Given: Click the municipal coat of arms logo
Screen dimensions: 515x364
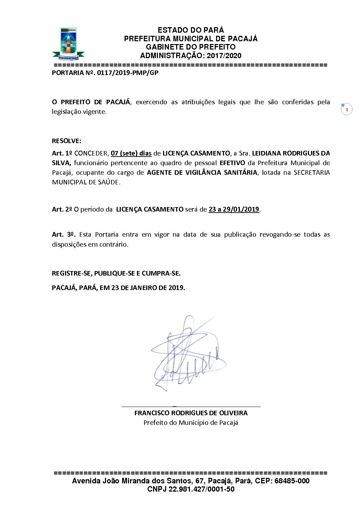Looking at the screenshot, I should [x=68, y=43].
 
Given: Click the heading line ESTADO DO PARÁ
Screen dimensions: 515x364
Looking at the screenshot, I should [x=191, y=30].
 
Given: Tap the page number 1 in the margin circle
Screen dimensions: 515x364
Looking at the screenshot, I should [x=347, y=109].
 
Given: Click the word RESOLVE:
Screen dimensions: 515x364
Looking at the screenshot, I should [x=66, y=141].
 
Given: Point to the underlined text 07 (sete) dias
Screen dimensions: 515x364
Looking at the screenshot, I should [x=131, y=153].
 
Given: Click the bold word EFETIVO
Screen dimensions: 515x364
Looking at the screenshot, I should [x=232, y=163].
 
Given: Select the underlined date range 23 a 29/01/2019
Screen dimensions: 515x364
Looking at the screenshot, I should [x=234, y=209].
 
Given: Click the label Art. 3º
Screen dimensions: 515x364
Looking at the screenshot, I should [x=64, y=234].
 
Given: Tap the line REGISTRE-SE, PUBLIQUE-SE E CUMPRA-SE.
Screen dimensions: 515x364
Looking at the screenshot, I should [x=116, y=273].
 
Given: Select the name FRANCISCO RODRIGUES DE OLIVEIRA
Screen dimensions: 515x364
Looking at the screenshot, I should [x=191, y=413].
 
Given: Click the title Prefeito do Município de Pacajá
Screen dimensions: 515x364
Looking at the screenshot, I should [x=191, y=422].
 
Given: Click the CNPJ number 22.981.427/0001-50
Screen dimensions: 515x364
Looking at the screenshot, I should [x=201, y=489].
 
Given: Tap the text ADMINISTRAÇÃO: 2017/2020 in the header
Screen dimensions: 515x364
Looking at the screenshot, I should [x=191, y=56].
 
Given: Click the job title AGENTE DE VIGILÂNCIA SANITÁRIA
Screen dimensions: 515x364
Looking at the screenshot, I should [x=202, y=172].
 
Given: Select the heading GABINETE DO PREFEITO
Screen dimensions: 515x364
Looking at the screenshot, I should [x=191, y=47].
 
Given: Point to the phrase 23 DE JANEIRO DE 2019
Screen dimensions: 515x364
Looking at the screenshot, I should [x=148, y=288].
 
